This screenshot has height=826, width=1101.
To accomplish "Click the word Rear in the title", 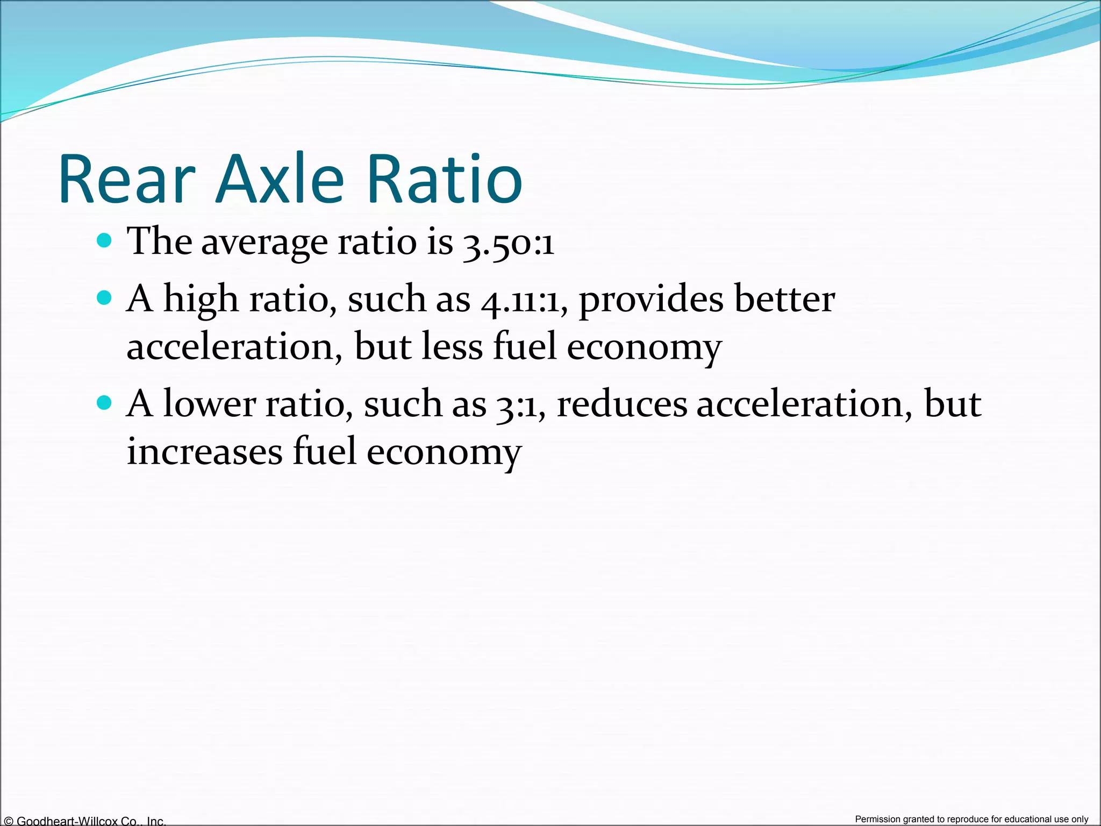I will tap(127, 179).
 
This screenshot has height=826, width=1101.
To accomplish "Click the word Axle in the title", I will tap(280, 179).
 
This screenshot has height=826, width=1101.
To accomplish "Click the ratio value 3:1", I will tap(517, 405).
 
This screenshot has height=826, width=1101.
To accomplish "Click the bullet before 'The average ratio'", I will tap(105, 240).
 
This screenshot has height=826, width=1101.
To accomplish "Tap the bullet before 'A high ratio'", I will tap(105, 297).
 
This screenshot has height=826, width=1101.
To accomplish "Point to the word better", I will tap(785, 299).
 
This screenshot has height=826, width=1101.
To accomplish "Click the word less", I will tap(452, 347).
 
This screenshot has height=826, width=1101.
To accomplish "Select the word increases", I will tap(204, 452).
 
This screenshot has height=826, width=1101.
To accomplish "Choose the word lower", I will tap(209, 404).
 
